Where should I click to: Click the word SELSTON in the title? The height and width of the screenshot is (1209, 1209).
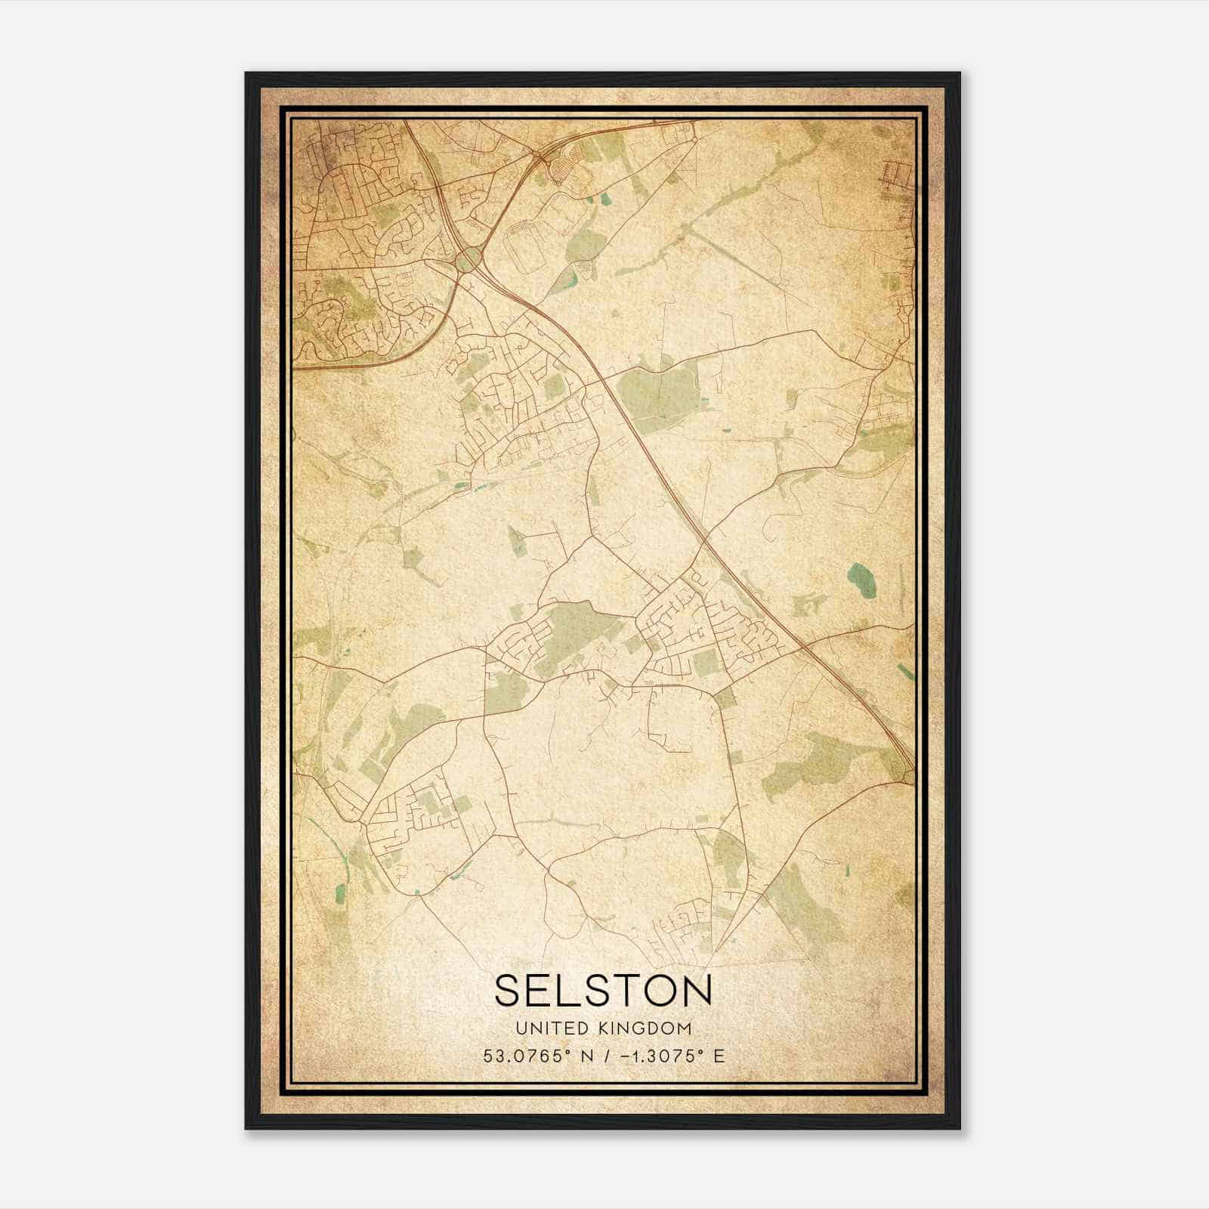click(x=603, y=990)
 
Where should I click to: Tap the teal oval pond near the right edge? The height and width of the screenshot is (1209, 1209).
click(x=859, y=577)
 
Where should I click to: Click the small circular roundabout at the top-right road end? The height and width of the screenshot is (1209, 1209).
click(x=694, y=140)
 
